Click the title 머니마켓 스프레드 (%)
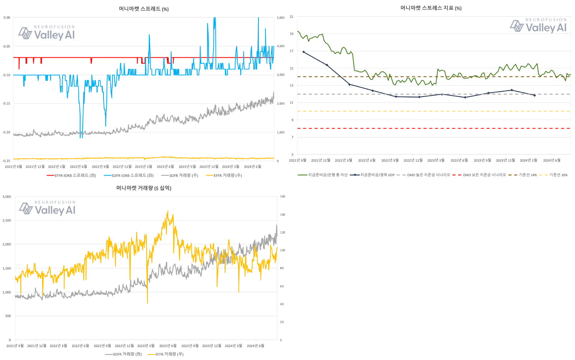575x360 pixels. pos(144,9)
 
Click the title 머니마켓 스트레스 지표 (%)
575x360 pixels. pos(431,8)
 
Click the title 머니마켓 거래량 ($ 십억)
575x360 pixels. pos(144,188)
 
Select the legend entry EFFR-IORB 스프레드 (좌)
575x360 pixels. pos(72,176)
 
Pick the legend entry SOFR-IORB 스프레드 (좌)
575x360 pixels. pos(129,176)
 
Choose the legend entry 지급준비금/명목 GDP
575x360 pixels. pos(372,175)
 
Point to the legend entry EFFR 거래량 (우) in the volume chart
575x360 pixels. pos(166,354)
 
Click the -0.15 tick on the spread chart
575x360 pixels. pos(6,104)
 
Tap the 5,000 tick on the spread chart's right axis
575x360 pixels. pos(281,18)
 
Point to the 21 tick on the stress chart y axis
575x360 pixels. pos(291,17)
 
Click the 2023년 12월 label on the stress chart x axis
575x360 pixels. pos(505,160)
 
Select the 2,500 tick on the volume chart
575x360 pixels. pos(7,220)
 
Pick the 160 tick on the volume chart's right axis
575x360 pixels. pos(282,197)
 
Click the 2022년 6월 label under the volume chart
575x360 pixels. pos(80,346)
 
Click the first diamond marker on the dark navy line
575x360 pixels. pos(304,52)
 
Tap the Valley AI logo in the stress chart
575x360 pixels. pos(538,26)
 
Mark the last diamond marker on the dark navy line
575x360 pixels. pos(535,96)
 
